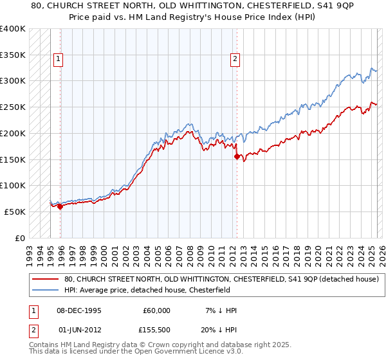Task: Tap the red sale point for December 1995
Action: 60,206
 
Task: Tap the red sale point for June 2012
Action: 237,156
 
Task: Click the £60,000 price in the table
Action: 155,310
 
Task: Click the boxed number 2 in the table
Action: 32,331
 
